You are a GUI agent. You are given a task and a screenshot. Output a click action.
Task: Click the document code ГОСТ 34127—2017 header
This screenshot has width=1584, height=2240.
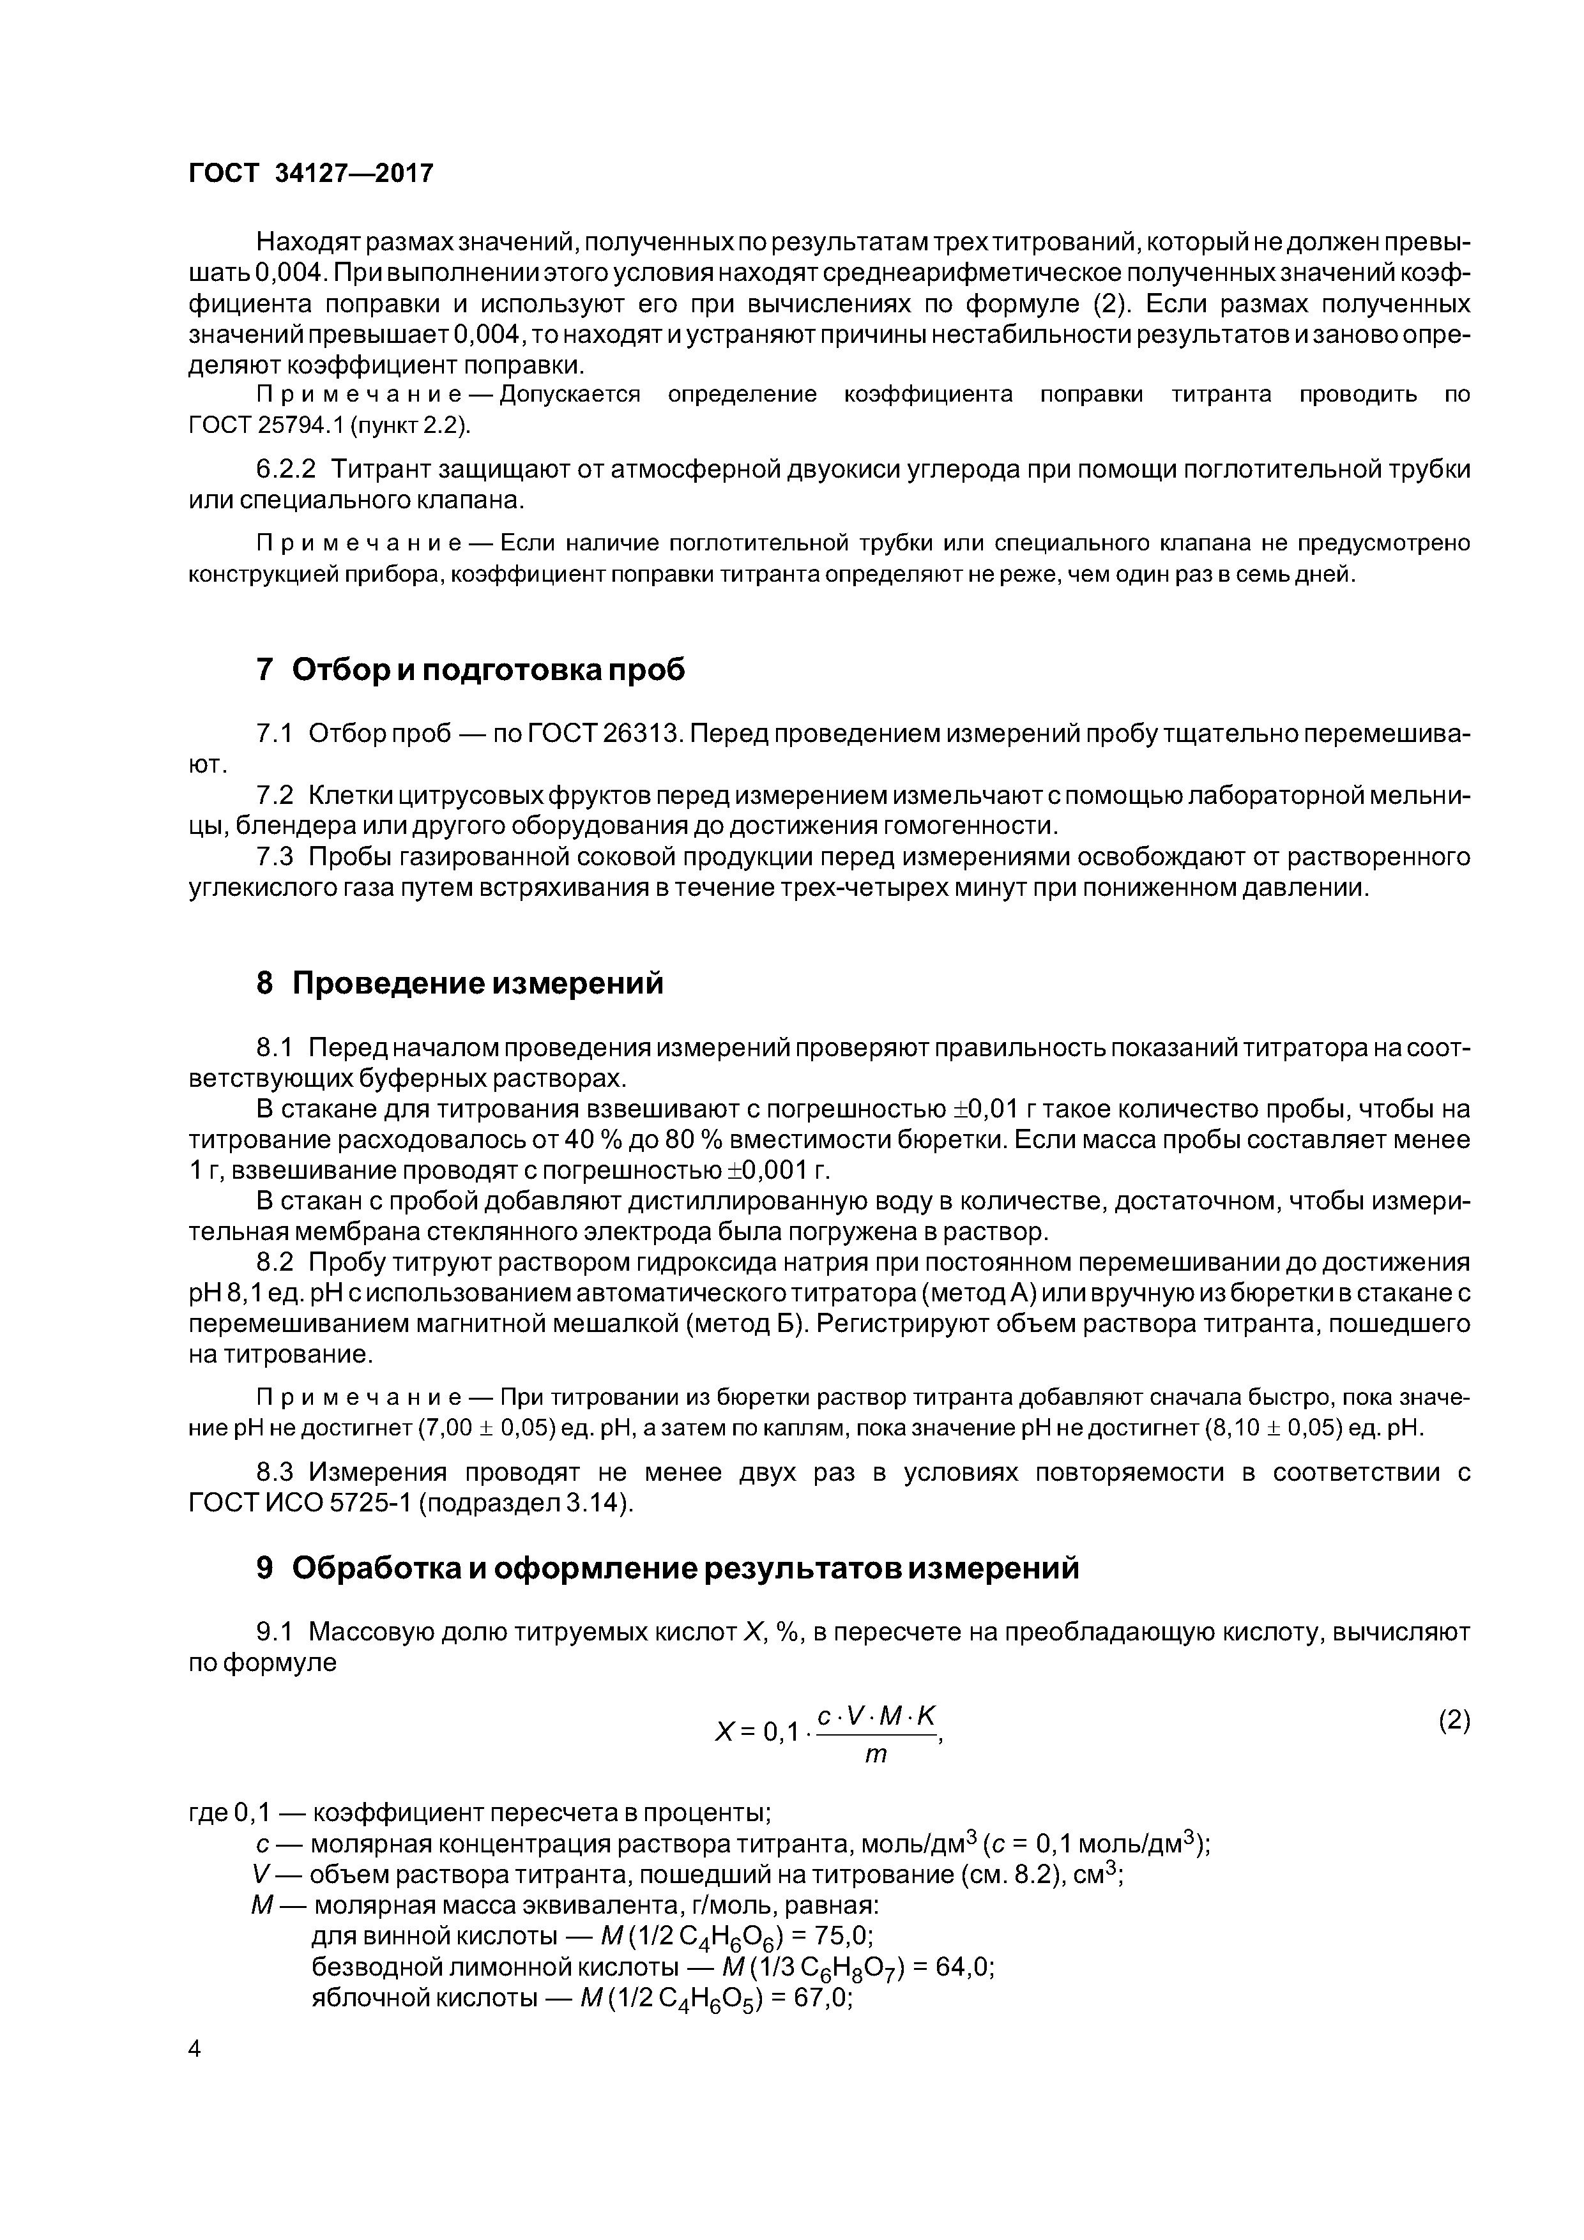[310, 174]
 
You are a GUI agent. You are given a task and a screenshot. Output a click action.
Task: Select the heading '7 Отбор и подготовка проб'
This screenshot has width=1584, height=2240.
[471, 670]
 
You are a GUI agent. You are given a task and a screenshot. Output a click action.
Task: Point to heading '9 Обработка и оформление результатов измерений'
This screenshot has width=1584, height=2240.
[667, 1568]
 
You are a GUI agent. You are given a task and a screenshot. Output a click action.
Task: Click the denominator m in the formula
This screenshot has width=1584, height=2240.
[876, 1754]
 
